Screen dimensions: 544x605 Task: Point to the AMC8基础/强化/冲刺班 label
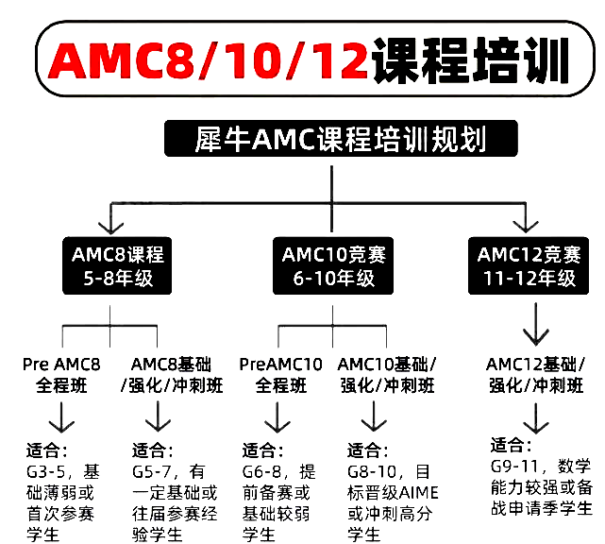pos(173,375)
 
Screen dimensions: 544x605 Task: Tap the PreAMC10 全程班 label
pos(281,375)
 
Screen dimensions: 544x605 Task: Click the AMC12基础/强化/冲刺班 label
pos(534,375)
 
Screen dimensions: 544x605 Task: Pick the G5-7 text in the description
pos(153,470)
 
